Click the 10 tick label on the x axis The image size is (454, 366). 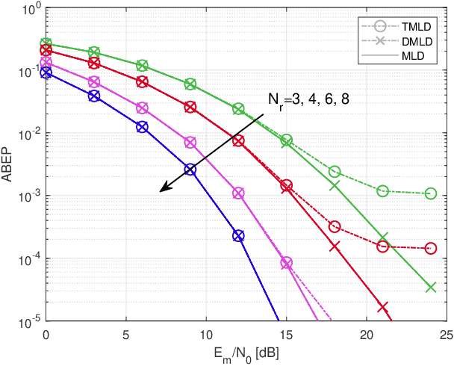pos(206,333)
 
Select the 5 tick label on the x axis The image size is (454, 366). pos(126,333)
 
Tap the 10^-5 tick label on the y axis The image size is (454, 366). pos(27,322)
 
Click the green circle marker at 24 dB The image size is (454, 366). pos(430,193)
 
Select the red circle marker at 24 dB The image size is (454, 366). pos(430,248)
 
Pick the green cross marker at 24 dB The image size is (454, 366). pos(430,288)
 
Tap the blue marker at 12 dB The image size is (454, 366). pos(238,235)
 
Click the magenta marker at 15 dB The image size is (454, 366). pos(286,262)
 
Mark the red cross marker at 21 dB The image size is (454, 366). pos(382,307)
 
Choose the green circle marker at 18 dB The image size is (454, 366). pos(335,171)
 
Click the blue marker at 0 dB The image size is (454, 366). pos(46,72)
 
